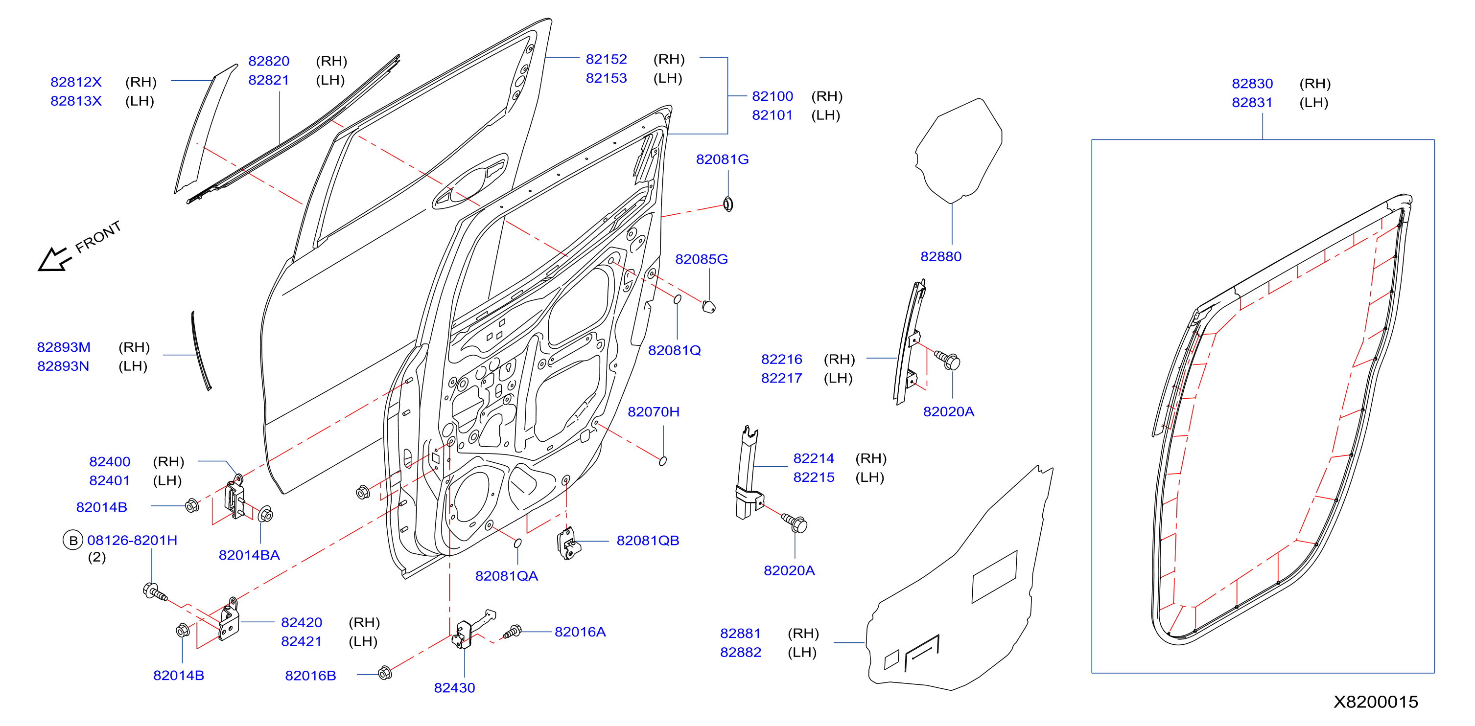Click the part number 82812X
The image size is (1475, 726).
click(76, 82)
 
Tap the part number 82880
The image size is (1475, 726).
click(941, 256)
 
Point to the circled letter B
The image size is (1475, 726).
click(73, 540)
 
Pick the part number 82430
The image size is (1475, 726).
click(454, 688)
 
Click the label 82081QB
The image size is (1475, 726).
click(648, 541)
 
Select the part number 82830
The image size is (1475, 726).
click(1252, 84)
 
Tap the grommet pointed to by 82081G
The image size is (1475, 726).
click(728, 204)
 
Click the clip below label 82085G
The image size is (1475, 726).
click(709, 306)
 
